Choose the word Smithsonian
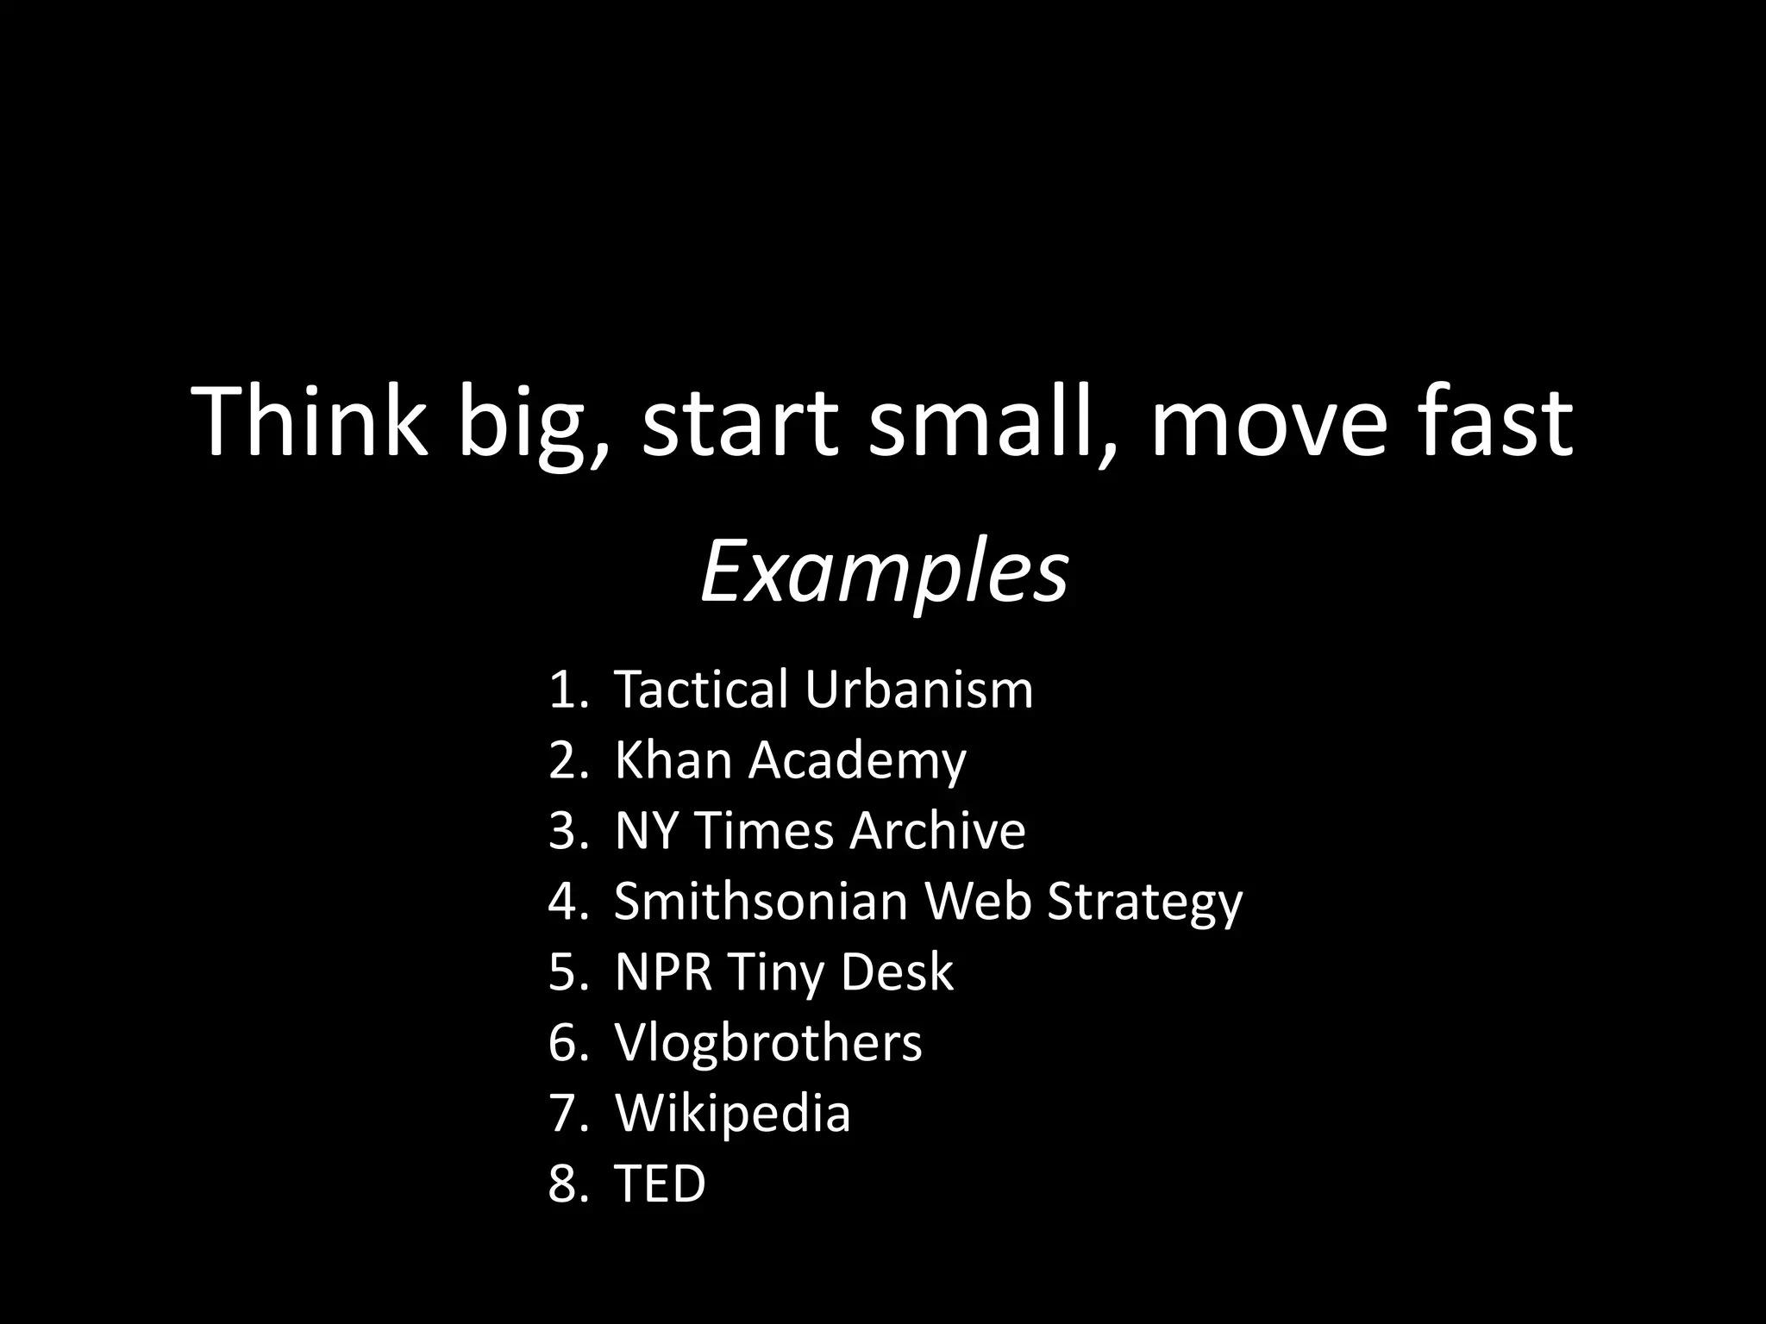click(x=761, y=902)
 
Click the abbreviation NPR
click(x=663, y=972)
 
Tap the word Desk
click(x=897, y=972)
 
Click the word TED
click(x=660, y=1183)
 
